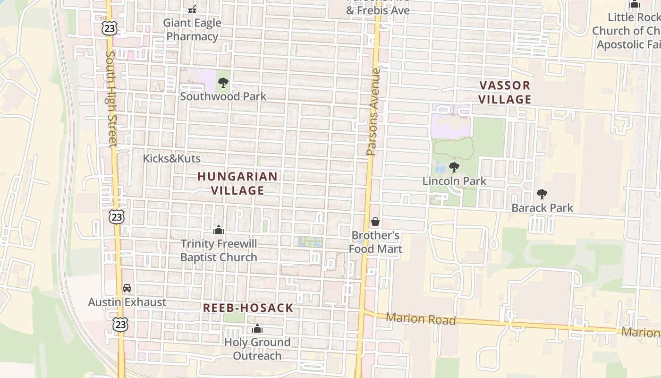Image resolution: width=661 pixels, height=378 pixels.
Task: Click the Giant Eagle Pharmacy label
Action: pyautogui.click(x=192, y=29)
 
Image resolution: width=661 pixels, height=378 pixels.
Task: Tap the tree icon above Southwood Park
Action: pyautogui.click(x=223, y=83)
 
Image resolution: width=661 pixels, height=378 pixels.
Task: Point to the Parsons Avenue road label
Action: pyautogui.click(x=373, y=112)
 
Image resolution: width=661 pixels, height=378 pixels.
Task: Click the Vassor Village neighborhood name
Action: pyautogui.click(x=505, y=92)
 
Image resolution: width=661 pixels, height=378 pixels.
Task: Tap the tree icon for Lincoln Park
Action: pyautogui.click(x=454, y=167)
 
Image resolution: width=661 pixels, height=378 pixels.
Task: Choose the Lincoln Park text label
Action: pyautogui.click(x=454, y=181)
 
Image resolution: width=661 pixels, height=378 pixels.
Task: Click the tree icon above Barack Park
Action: pyautogui.click(x=542, y=194)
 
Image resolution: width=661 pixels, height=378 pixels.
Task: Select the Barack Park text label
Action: pyautogui.click(x=542, y=208)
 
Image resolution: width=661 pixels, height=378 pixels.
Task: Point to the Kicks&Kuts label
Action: pyautogui.click(x=172, y=159)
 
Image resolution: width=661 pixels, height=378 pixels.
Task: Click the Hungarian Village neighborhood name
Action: pyautogui.click(x=237, y=183)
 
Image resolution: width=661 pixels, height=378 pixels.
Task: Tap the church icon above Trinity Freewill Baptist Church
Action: pyautogui.click(x=219, y=230)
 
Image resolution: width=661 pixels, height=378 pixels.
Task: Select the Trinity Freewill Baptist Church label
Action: pyautogui.click(x=219, y=250)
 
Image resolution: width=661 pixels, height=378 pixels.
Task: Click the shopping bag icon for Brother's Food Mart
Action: pyautogui.click(x=375, y=222)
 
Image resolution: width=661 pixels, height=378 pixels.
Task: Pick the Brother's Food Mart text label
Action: pyautogui.click(x=376, y=242)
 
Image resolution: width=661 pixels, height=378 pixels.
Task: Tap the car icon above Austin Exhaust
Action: pyautogui.click(x=127, y=288)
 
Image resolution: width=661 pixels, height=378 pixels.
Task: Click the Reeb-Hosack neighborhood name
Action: pyautogui.click(x=248, y=308)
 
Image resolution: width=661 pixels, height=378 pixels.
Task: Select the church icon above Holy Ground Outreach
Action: pyautogui.click(x=257, y=328)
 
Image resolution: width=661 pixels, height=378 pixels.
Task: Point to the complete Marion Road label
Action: pyautogui.click(x=421, y=319)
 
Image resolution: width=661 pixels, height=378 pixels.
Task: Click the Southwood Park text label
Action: pyautogui.click(x=223, y=96)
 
